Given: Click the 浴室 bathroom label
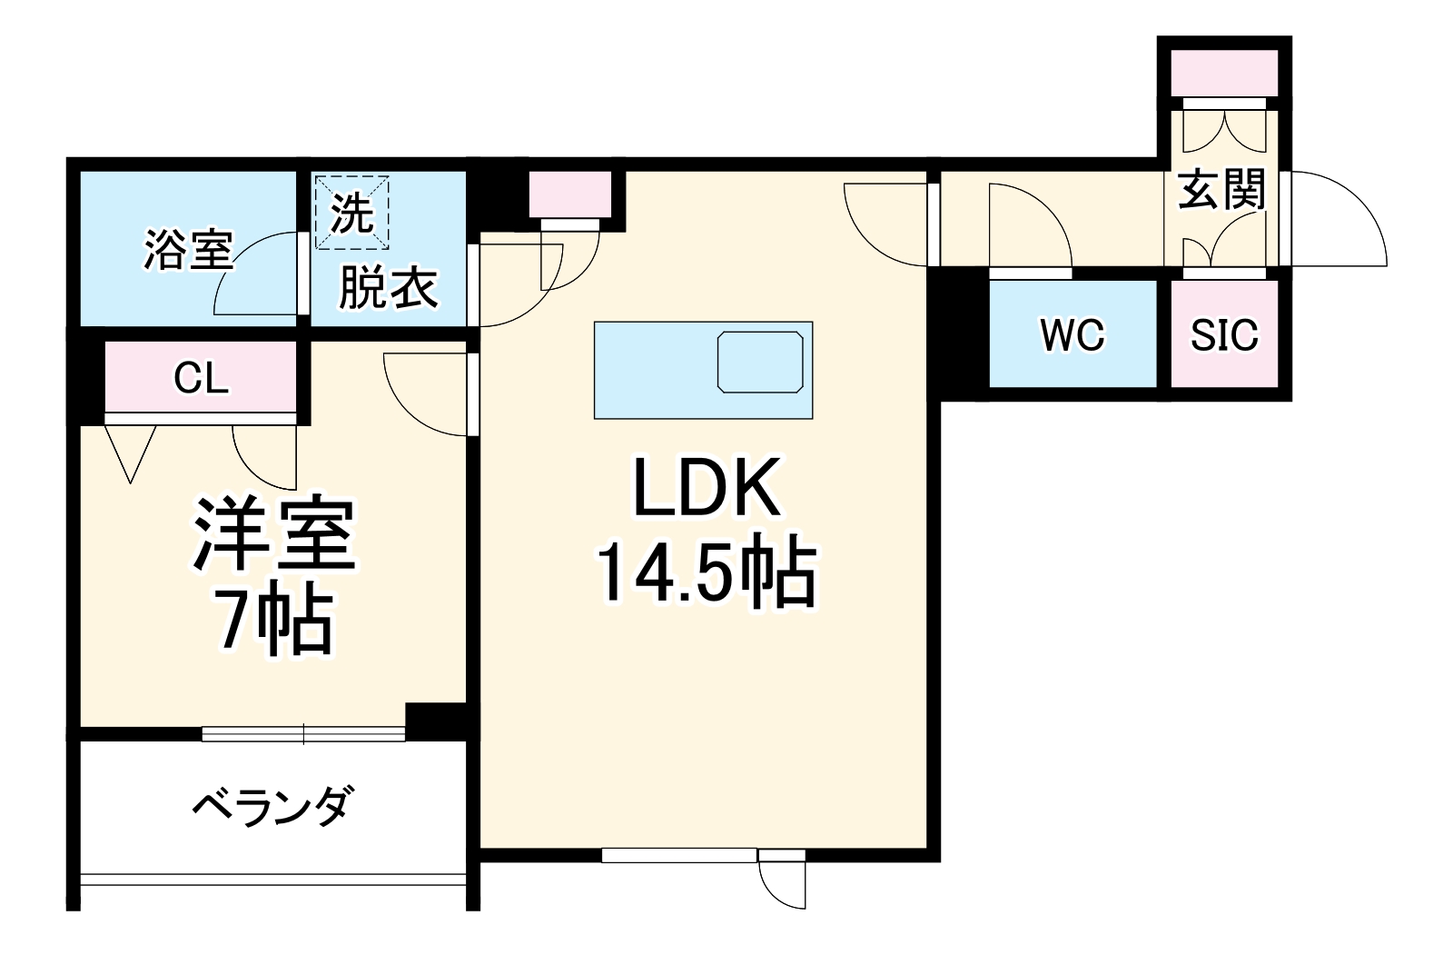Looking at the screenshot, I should click(188, 249).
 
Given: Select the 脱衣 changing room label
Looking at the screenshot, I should click(388, 289).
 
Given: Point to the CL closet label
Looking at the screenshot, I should click(201, 378).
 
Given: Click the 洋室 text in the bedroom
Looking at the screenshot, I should click(273, 536).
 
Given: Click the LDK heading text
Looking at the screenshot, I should click(705, 489).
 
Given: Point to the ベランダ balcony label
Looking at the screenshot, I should click(272, 805).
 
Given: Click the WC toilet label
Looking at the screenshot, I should click(1072, 335).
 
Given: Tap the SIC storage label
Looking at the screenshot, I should click(1224, 335).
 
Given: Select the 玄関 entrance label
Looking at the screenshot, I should click(1221, 191).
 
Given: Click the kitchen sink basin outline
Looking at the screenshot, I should click(760, 362).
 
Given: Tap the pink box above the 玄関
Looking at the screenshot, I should click(1223, 73).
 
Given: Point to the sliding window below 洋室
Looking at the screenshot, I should click(302, 732).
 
